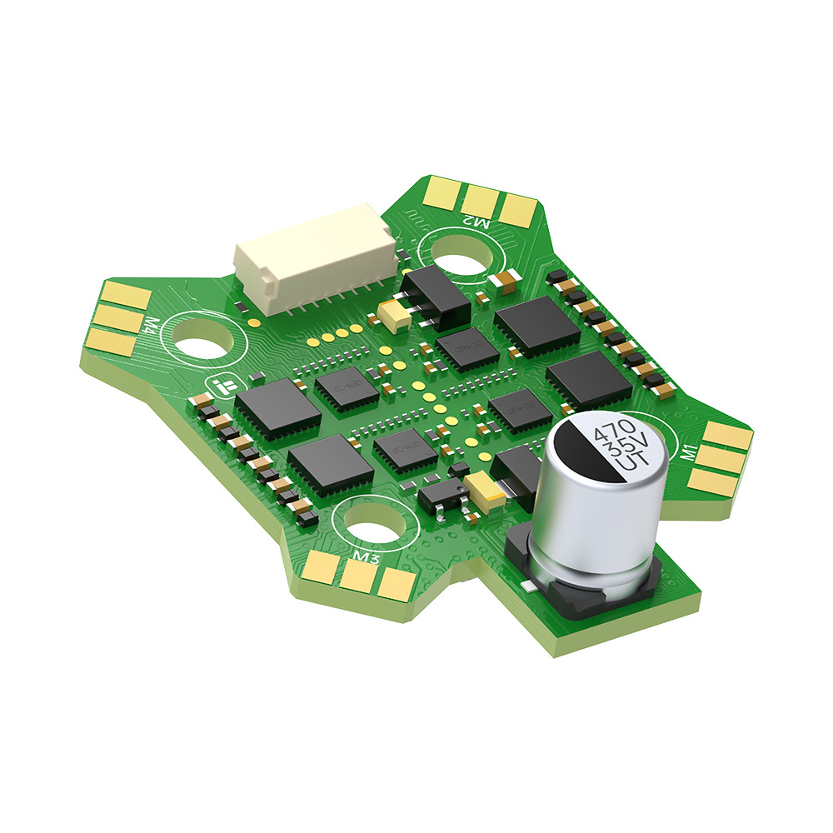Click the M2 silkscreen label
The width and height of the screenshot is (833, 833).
[476, 222]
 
